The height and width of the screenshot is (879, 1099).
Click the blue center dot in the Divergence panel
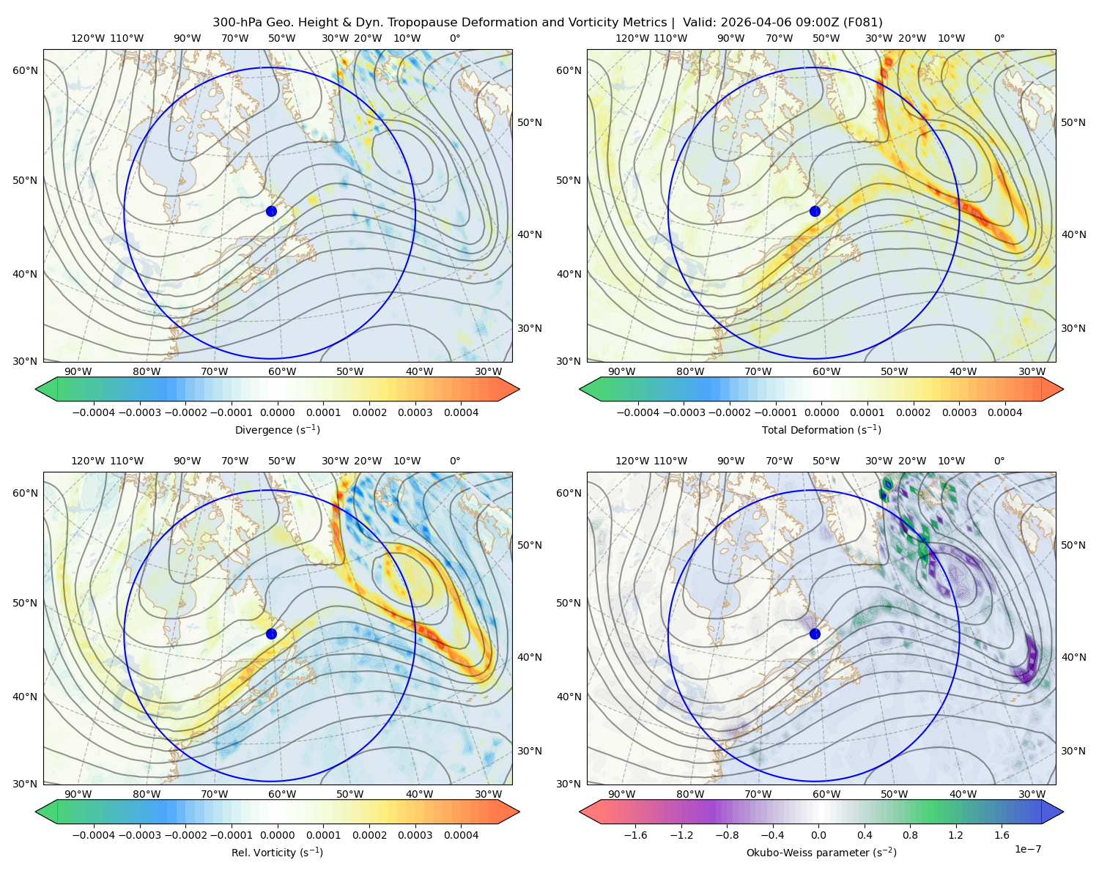coord(271,212)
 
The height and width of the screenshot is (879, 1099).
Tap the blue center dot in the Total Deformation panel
coord(815,212)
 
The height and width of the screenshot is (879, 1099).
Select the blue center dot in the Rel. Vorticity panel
coord(271,634)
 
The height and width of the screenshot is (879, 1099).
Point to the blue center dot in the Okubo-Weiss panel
coord(815,634)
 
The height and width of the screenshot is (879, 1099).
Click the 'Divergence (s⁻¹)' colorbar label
coord(277,429)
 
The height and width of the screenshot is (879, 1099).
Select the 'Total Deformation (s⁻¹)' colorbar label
coord(821,429)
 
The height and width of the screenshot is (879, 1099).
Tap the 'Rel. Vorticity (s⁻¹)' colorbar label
coord(277,853)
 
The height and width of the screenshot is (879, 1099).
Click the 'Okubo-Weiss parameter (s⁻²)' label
coord(821,853)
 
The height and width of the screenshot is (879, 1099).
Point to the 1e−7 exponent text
coord(1027,849)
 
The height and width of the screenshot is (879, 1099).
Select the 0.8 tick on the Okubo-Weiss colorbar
coord(910,835)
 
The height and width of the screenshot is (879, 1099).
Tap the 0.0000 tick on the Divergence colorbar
coord(277,412)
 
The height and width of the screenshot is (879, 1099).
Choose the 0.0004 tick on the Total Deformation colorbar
coord(1004,412)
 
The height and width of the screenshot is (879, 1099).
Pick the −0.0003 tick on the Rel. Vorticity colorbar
coord(139,835)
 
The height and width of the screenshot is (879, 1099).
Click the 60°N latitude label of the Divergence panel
coord(25,70)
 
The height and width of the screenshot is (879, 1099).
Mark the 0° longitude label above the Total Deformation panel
coord(999,38)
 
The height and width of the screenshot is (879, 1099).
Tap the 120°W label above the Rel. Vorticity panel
coord(88,461)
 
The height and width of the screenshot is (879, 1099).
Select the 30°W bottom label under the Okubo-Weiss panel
coord(1032,794)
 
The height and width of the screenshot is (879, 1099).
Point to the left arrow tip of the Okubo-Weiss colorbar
coord(580,812)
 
